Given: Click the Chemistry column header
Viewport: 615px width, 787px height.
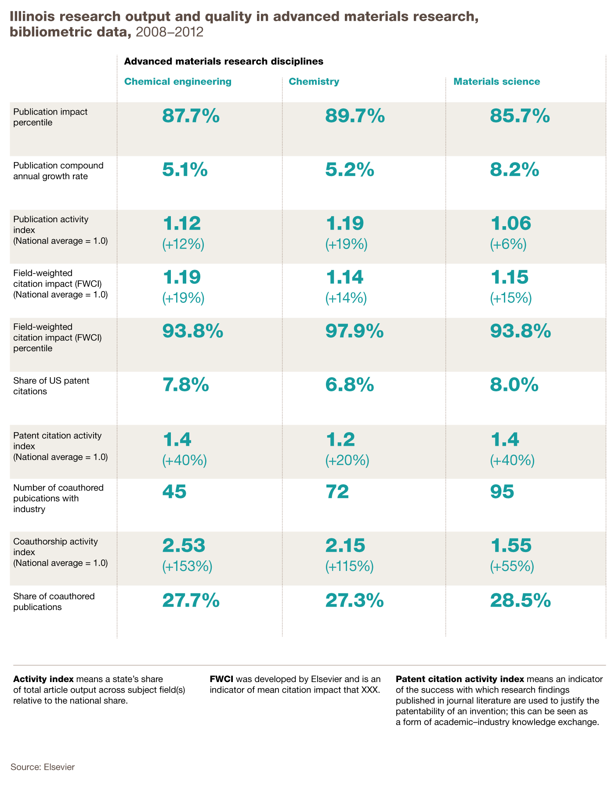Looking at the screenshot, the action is (x=314, y=82).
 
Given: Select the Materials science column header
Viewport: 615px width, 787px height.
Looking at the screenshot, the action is (x=496, y=82).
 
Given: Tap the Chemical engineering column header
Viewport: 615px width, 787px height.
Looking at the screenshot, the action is (x=178, y=82).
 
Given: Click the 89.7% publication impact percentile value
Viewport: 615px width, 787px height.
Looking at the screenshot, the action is (x=355, y=116).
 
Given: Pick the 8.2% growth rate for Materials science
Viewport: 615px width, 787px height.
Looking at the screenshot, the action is (x=514, y=170).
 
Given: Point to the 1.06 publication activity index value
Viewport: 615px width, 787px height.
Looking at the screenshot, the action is (x=510, y=223).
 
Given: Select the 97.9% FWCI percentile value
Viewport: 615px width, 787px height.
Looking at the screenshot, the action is (x=355, y=331).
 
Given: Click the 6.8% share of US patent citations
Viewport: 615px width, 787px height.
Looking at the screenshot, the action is (x=350, y=385).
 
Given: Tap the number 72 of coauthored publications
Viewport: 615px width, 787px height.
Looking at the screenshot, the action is (x=337, y=491).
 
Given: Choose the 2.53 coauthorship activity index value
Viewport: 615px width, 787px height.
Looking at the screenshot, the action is (x=184, y=545).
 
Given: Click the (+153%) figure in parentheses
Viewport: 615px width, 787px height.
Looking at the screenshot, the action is (x=188, y=567).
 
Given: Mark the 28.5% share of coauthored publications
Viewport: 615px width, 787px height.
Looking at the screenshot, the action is (x=521, y=600).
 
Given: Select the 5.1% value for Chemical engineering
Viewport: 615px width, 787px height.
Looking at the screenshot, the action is (x=185, y=170).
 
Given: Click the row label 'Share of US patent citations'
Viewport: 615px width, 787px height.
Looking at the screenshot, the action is (x=51, y=386).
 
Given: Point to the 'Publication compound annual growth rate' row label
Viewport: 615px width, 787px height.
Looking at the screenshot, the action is (x=58, y=171).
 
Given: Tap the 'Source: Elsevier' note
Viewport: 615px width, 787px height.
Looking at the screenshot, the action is (x=43, y=767).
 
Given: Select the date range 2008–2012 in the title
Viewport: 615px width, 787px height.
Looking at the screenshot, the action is (x=170, y=32).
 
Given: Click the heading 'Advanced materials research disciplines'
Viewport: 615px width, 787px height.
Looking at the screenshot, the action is (x=224, y=61).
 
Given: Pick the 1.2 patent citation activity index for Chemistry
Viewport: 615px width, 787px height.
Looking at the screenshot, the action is (x=340, y=439).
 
